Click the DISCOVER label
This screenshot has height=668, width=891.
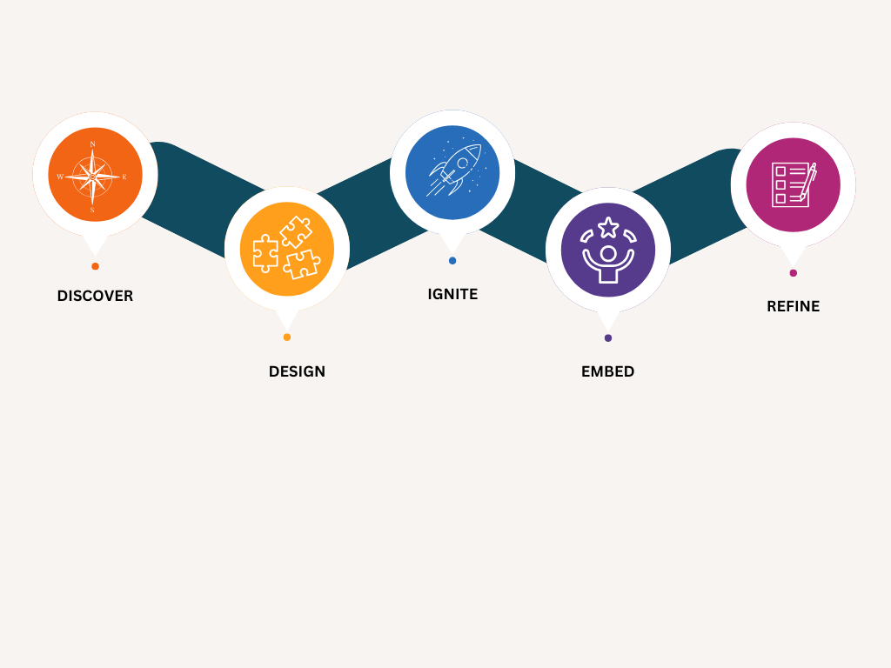point(95,296)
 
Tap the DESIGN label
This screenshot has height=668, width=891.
point(297,371)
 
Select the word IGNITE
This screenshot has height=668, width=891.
point(452,294)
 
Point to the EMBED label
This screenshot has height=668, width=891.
point(607,371)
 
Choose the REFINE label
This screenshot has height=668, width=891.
point(793,306)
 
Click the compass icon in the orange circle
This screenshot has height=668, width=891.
point(94,176)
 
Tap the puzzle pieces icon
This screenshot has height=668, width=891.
point(286,248)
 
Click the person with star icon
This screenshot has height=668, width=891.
point(607,250)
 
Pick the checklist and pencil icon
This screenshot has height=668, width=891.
point(793,184)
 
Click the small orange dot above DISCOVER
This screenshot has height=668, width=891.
point(95,266)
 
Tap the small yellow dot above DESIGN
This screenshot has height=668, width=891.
point(287,337)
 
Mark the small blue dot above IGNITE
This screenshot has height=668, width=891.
point(452,260)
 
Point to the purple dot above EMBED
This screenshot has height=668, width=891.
point(608,337)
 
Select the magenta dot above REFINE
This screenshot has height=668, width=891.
point(793,273)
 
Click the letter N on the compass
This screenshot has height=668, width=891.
point(93,144)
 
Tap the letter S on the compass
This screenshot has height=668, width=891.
point(92,210)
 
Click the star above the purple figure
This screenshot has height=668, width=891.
point(608,227)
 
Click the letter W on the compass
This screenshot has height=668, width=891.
point(60,177)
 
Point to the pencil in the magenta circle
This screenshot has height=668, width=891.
point(808,181)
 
